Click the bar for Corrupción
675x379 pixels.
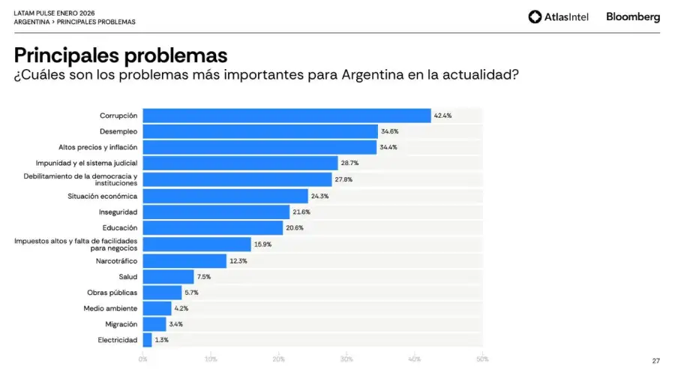(286, 116)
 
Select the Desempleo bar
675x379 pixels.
(259, 131)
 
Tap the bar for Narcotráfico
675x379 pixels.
(184, 260)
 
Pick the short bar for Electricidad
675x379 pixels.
(147, 339)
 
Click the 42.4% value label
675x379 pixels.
(442, 116)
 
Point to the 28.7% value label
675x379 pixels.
(349, 163)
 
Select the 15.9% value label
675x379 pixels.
(262, 244)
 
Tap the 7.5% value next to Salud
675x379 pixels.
(203, 276)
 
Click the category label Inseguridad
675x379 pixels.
(118, 212)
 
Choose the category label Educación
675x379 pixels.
(119, 227)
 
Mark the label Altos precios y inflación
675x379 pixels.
(97, 147)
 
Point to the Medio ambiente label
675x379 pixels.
(110, 308)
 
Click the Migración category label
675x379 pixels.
(121, 324)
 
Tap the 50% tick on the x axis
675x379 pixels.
(481, 359)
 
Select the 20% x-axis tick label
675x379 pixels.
(278, 359)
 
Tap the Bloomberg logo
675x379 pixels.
(633, 17)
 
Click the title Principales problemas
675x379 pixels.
(120, 56)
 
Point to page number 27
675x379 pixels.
(655, 361)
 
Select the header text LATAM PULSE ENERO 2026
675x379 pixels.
(54, 13)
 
